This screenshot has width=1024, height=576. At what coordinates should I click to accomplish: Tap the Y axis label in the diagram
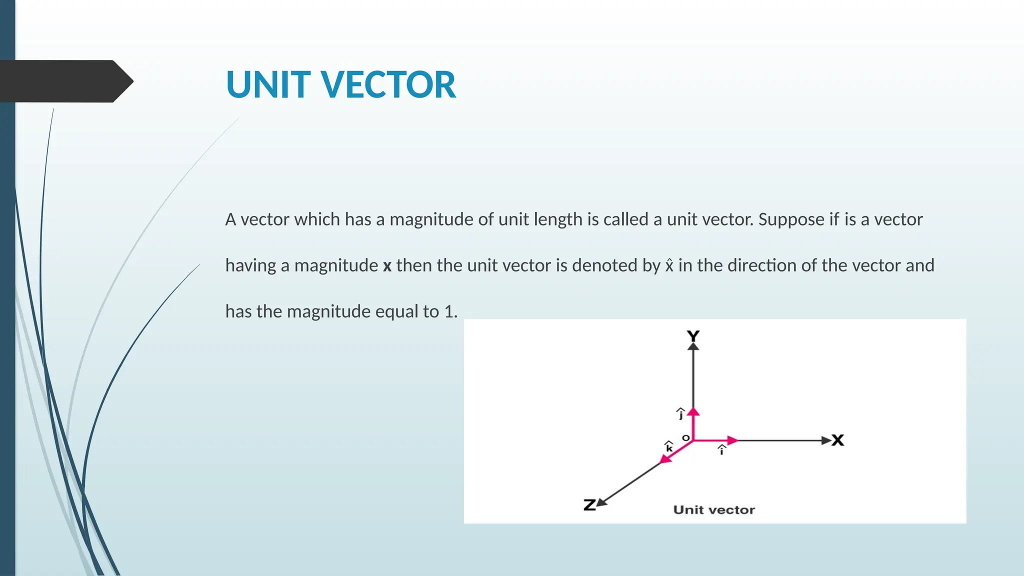(x=693, y=336)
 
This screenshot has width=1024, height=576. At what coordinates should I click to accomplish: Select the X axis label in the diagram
(x=838, y=440)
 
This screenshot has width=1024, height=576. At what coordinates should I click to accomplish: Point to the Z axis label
(x=589, y=505)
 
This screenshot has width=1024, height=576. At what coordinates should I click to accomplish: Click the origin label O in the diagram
(x=686, y=438)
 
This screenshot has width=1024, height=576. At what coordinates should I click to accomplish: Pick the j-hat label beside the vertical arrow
(x=680, y=413)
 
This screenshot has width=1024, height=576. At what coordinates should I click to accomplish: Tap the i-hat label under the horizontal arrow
(x=721, y=450)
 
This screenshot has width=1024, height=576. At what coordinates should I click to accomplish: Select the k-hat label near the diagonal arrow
(x=669, y=446)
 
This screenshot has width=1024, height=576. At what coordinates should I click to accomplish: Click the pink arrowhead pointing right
(x=732, y=440)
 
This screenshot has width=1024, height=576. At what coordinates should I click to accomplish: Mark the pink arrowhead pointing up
(x=693, y=412)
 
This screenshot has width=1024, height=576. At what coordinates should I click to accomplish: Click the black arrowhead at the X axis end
(x=826, y=440)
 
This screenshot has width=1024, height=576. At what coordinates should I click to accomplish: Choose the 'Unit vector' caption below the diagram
(x=714, y=510)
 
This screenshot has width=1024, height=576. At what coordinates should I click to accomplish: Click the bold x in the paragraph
(x=387, y=265)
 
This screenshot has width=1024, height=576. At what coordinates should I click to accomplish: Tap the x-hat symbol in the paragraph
(x=669, y=264)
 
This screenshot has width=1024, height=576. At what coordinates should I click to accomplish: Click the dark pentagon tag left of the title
(x=66, y=81)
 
